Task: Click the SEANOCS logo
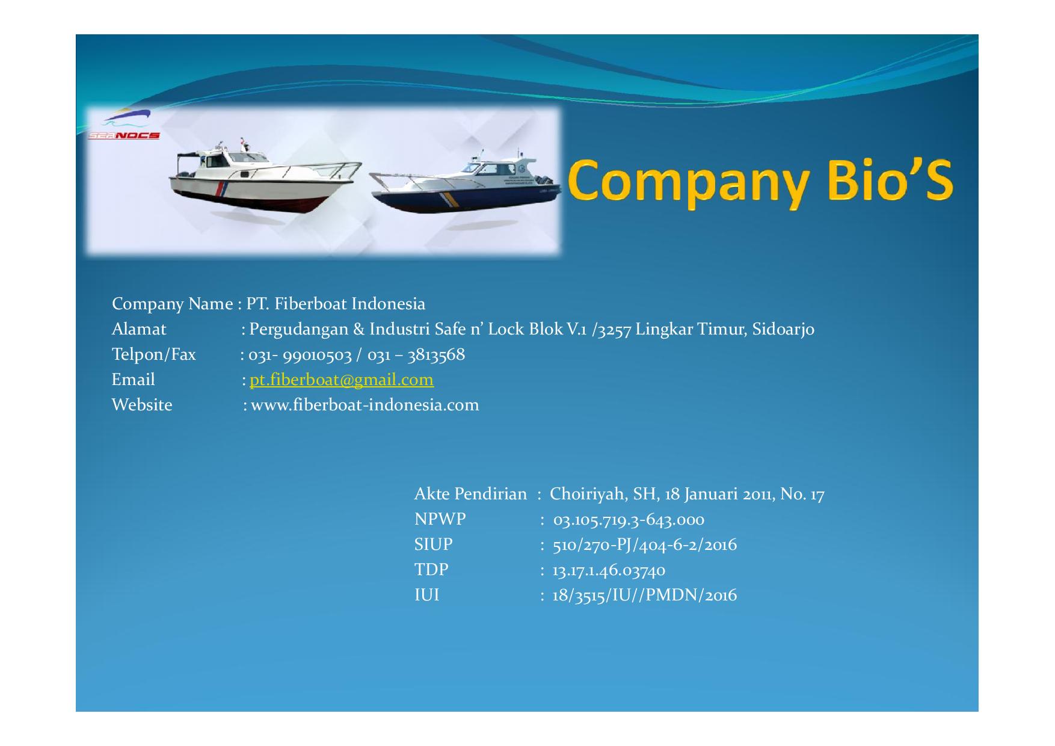coord(123,126)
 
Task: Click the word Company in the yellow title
coord(687,180)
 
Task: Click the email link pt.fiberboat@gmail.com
coord(341,380)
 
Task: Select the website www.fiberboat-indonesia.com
coord(365,405)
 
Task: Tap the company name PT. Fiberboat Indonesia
coord(336,304)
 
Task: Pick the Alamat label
coord(139,329)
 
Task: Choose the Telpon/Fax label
coord(154,355)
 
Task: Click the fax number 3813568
coord(436,354)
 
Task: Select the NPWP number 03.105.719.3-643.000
coord(629,520)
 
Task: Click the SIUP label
coord(433,544)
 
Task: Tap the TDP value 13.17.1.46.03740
coord(609,570)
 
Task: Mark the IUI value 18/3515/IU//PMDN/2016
coord(644,596)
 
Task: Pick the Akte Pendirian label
coord(470,494)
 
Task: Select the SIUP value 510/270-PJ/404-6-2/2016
coord(645,545)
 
